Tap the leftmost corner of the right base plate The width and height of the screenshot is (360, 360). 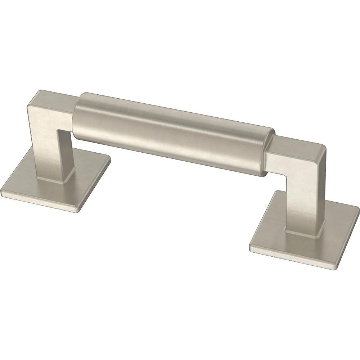click(x=249, y=247)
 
